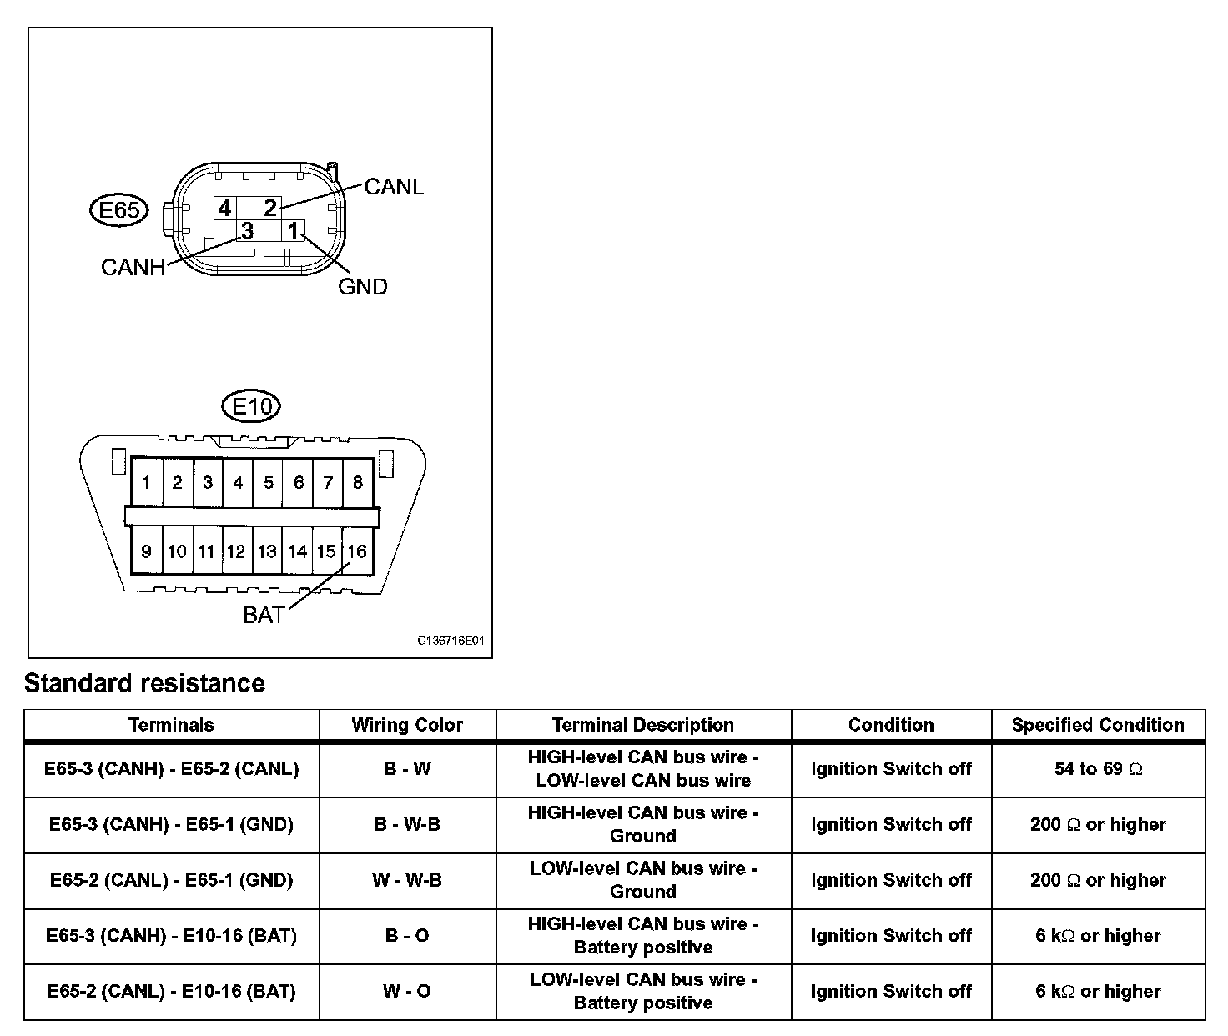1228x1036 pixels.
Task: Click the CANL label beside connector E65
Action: click(394, 187)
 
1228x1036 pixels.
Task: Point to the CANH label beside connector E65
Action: click(133, 267)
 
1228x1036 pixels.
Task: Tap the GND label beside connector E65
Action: click(363, 287)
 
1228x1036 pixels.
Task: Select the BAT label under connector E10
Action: click(264, 616)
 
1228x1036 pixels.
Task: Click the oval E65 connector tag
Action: click(118, 210)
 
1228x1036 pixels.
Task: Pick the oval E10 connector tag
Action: click(251, 407)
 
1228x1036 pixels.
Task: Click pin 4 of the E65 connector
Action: click(224, 207)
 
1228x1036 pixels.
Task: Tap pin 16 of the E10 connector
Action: click(357, 551)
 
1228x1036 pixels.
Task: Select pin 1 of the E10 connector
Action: click(147, 482)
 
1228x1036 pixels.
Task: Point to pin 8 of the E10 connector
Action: click(358, 482)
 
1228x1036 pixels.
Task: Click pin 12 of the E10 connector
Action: click(237, 551)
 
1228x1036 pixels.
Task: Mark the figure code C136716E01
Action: click(450, 641)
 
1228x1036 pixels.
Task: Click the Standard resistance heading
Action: click(144, 683)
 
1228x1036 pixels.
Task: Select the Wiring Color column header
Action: click(407, 725)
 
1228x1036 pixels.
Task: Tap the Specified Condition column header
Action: click(1098, 725)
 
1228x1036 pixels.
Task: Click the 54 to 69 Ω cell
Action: click(1098, 769)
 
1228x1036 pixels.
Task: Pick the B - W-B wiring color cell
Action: click(407, 825)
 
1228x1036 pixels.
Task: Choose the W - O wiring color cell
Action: click(407, 992)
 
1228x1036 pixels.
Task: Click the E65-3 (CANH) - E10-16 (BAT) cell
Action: click(171, 936)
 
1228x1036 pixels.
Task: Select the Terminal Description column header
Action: click(643, 725)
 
